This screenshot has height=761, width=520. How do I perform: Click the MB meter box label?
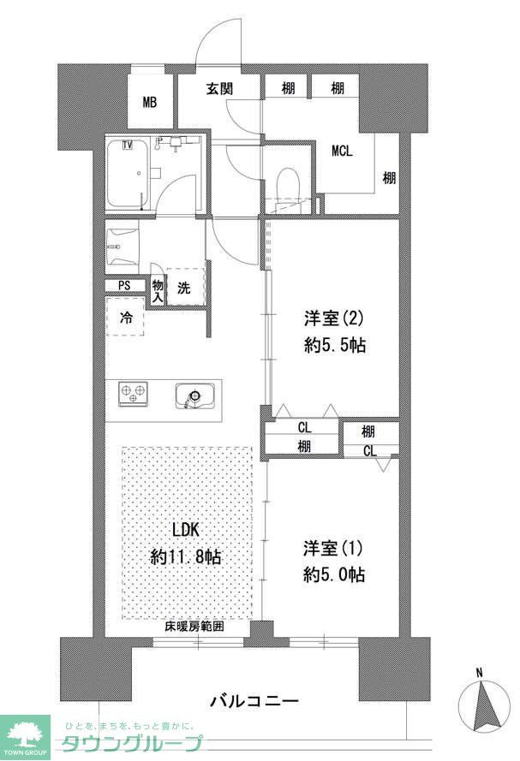(150, 103)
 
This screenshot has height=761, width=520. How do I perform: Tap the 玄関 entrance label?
(220, 87)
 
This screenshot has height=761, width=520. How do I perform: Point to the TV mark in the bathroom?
(128, 144)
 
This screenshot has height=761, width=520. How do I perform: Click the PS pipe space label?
(125, 286)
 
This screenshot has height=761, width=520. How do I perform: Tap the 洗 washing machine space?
(184, 288)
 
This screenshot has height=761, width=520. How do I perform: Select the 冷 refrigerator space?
(126, 318)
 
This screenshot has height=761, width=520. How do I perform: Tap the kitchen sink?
(194, 396)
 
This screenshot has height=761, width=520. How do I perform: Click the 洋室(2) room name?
(334, 319)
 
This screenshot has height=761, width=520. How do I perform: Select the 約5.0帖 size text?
(334, 574)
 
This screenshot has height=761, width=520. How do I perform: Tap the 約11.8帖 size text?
(186, 556)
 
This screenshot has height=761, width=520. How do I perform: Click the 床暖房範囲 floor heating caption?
(194, 627)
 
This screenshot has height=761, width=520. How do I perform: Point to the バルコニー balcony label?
(254, 702)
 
